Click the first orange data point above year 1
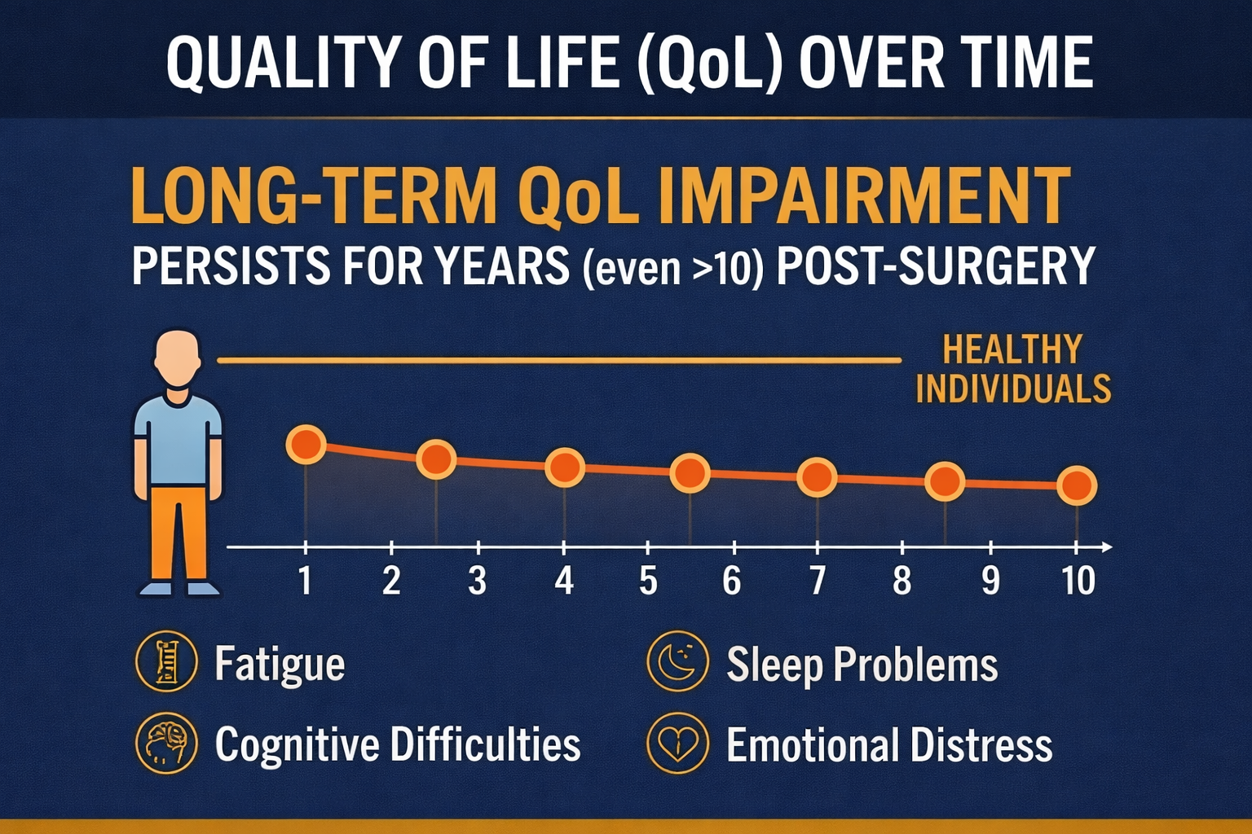[306, 445]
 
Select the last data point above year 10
[1076, 485]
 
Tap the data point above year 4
[564, 467]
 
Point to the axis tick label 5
[648, 581]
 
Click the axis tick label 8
[902, 581]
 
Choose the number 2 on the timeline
[391, 581]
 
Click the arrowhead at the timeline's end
[1105, 547]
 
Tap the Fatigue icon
[166, 661]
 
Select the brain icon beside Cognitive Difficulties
[166, 743]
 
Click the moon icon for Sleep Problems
[677, 661]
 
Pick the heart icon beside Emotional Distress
[677, 743]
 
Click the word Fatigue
[280, 665]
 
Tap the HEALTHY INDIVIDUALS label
[1012, 369]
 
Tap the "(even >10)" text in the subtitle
[672, 267]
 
